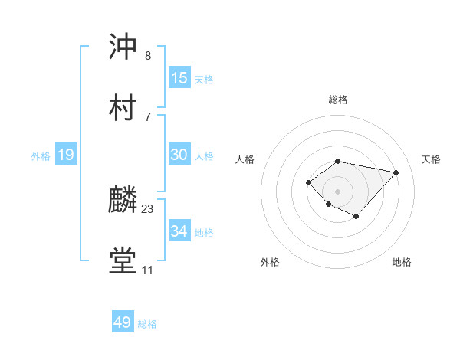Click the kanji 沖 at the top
point(123,47)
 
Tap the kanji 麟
point(123,201)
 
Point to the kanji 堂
point(123,261)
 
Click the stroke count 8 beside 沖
point(148,56)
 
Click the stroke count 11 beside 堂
point(147,270)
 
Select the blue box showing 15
point(179,78)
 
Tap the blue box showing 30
point(179,155)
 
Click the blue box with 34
point(179,231)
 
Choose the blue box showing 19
point(65,155)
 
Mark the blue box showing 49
point(122,322)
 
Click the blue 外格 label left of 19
point(41,156)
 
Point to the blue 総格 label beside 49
point(147,324)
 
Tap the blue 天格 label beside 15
point(204,80)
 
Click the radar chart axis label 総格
point(338,100)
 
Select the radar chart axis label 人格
point(246,159)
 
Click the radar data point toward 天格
point(396,172)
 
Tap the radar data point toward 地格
point(356,217)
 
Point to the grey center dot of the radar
point(338,191)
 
